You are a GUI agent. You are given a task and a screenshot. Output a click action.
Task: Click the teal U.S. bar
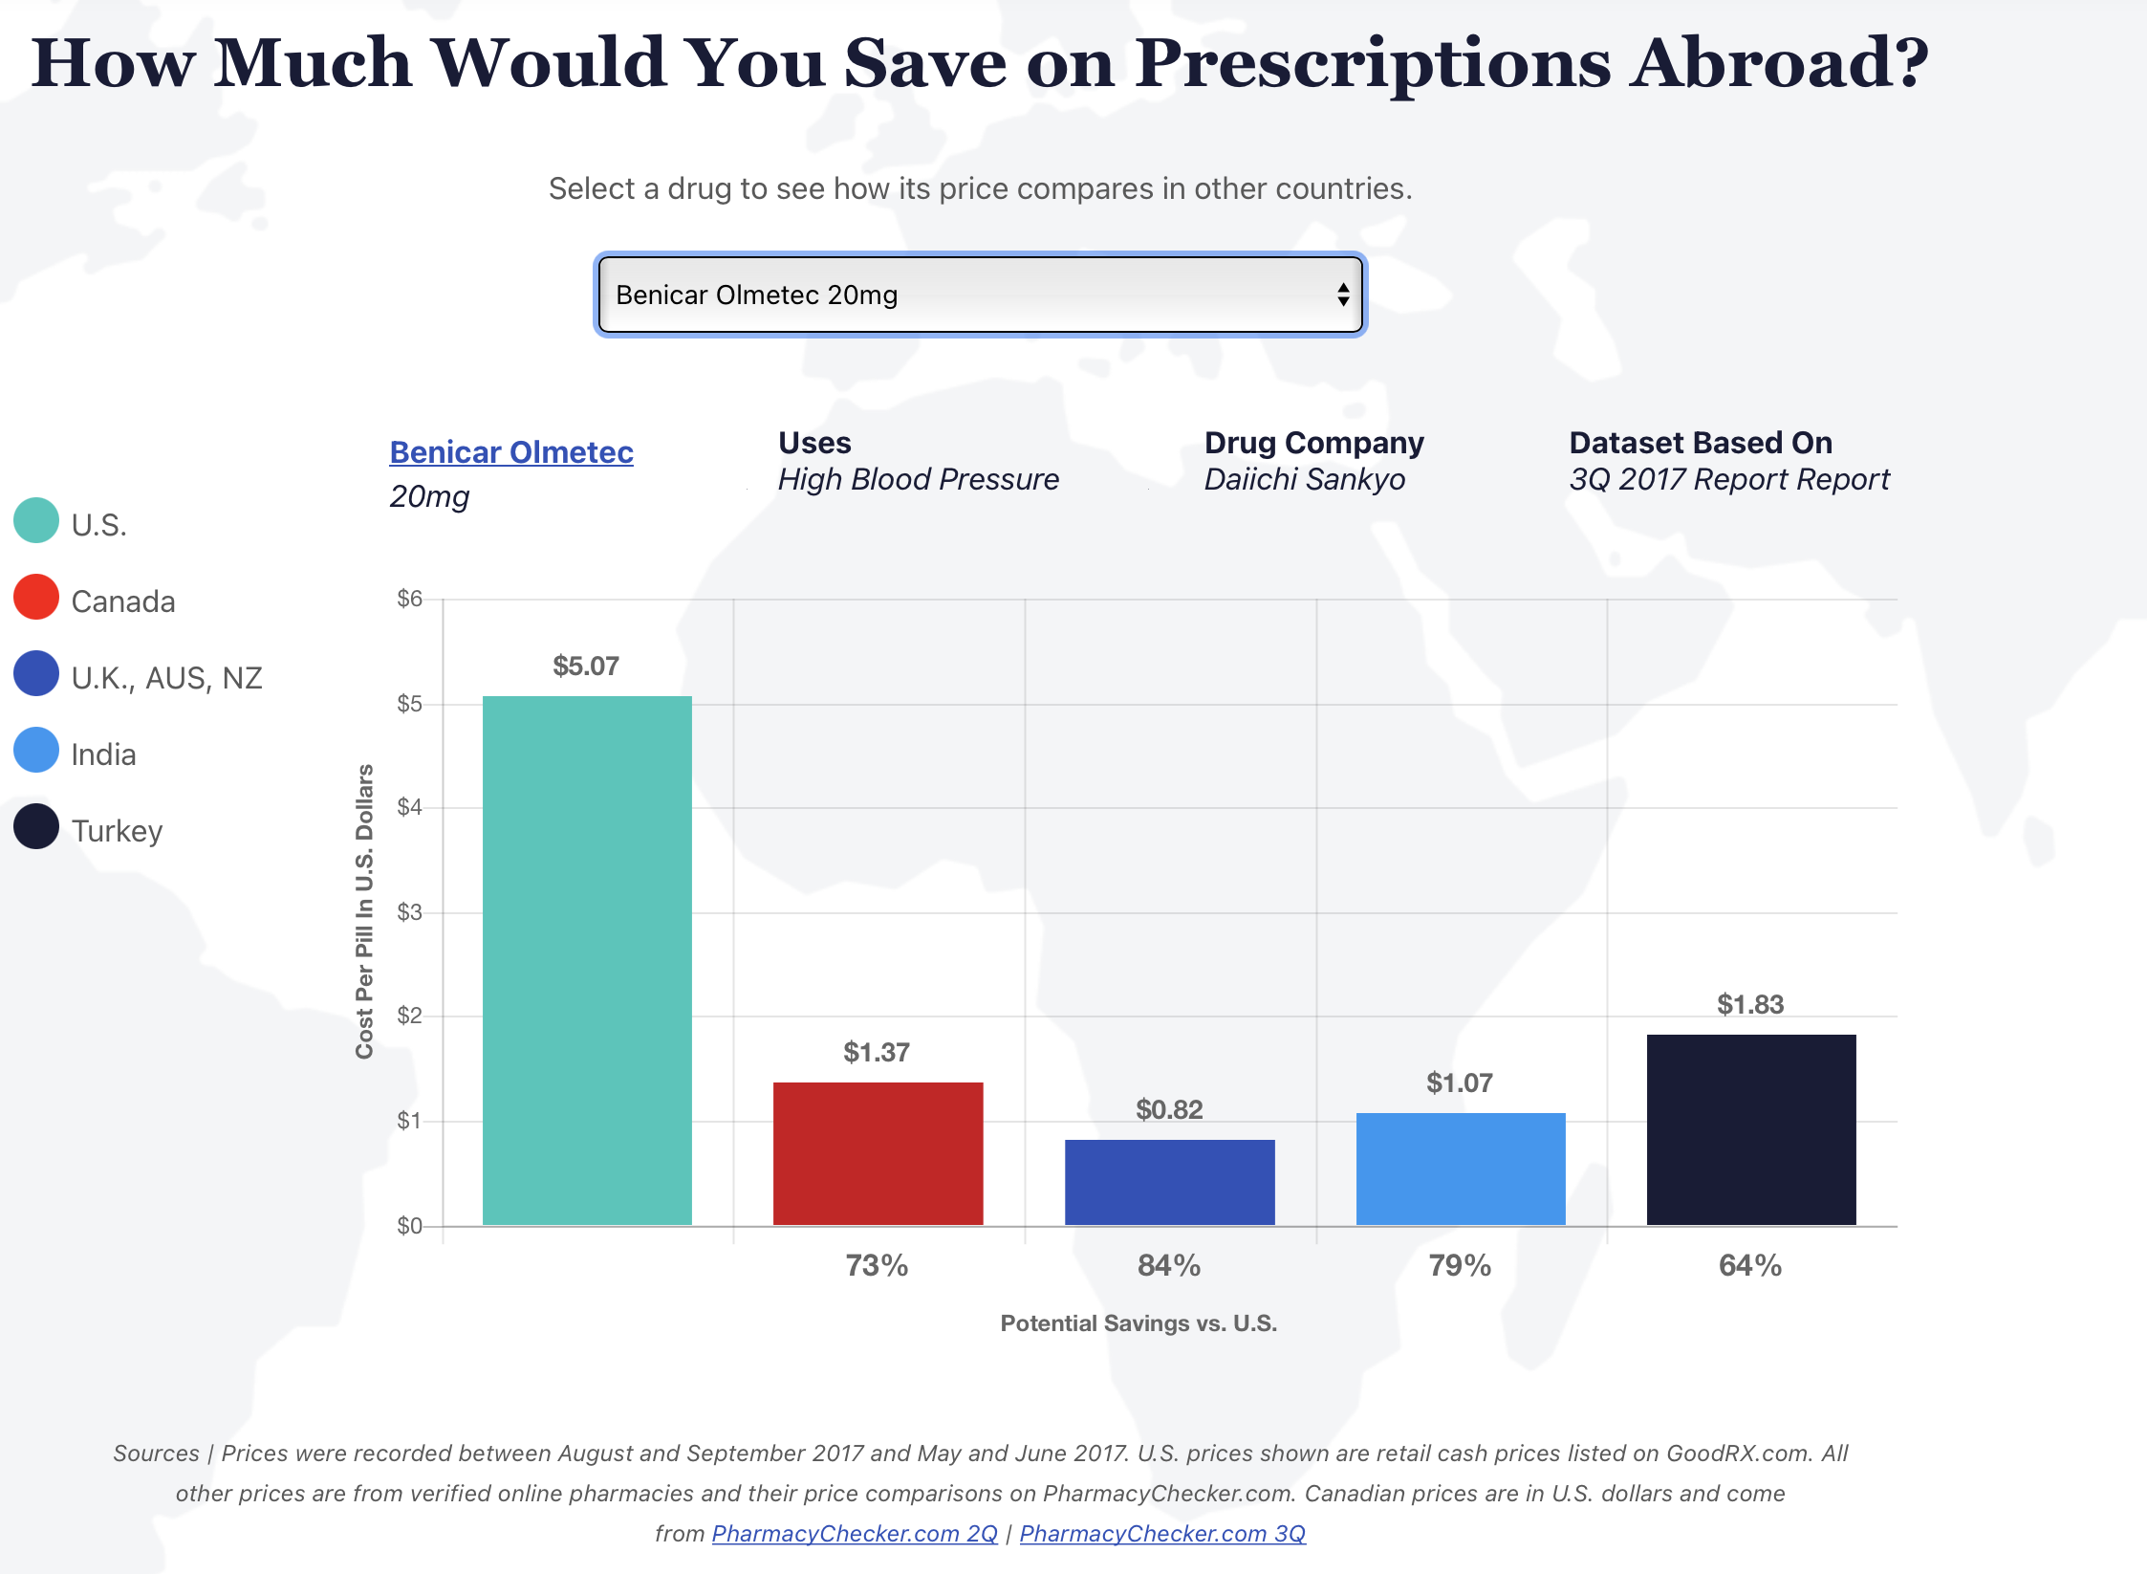pos(587,960)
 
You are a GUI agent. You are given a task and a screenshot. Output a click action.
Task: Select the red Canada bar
pos(878,1153)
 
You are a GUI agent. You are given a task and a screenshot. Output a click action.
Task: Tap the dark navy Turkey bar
pos(1750,1129)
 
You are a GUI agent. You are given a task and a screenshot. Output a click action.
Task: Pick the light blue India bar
pos(1460,1169)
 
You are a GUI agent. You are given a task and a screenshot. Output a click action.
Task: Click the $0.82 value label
pos(1169,1109)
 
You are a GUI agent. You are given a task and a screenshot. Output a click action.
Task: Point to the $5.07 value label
pos(586,666)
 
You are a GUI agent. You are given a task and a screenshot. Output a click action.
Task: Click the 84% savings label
pos(1168,1265)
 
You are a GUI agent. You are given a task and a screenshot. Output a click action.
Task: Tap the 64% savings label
pos(1749,1265)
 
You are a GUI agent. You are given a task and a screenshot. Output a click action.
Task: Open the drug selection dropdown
pos(980,295)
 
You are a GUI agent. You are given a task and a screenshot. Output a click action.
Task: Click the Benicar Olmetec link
pos(511,452)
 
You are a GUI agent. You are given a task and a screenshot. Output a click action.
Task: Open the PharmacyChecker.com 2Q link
pos(855,1533)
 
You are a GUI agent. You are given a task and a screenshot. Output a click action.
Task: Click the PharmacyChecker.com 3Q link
pos(1161,1533)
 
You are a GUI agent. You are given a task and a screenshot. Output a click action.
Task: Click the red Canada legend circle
pos(36,597)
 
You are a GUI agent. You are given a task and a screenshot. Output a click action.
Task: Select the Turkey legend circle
pos(36,826)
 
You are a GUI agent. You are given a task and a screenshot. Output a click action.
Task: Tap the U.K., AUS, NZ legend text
pos(166,678)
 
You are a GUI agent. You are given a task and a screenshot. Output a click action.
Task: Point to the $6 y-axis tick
pos(409,599)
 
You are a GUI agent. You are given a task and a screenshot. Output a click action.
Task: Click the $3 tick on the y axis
pos(409,912)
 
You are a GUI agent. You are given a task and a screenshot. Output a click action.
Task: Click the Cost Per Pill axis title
pos(364,911)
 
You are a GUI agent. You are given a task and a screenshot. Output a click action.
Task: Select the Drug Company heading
pos(1313,443)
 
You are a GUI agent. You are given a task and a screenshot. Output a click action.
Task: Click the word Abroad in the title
pos(1779,63)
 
